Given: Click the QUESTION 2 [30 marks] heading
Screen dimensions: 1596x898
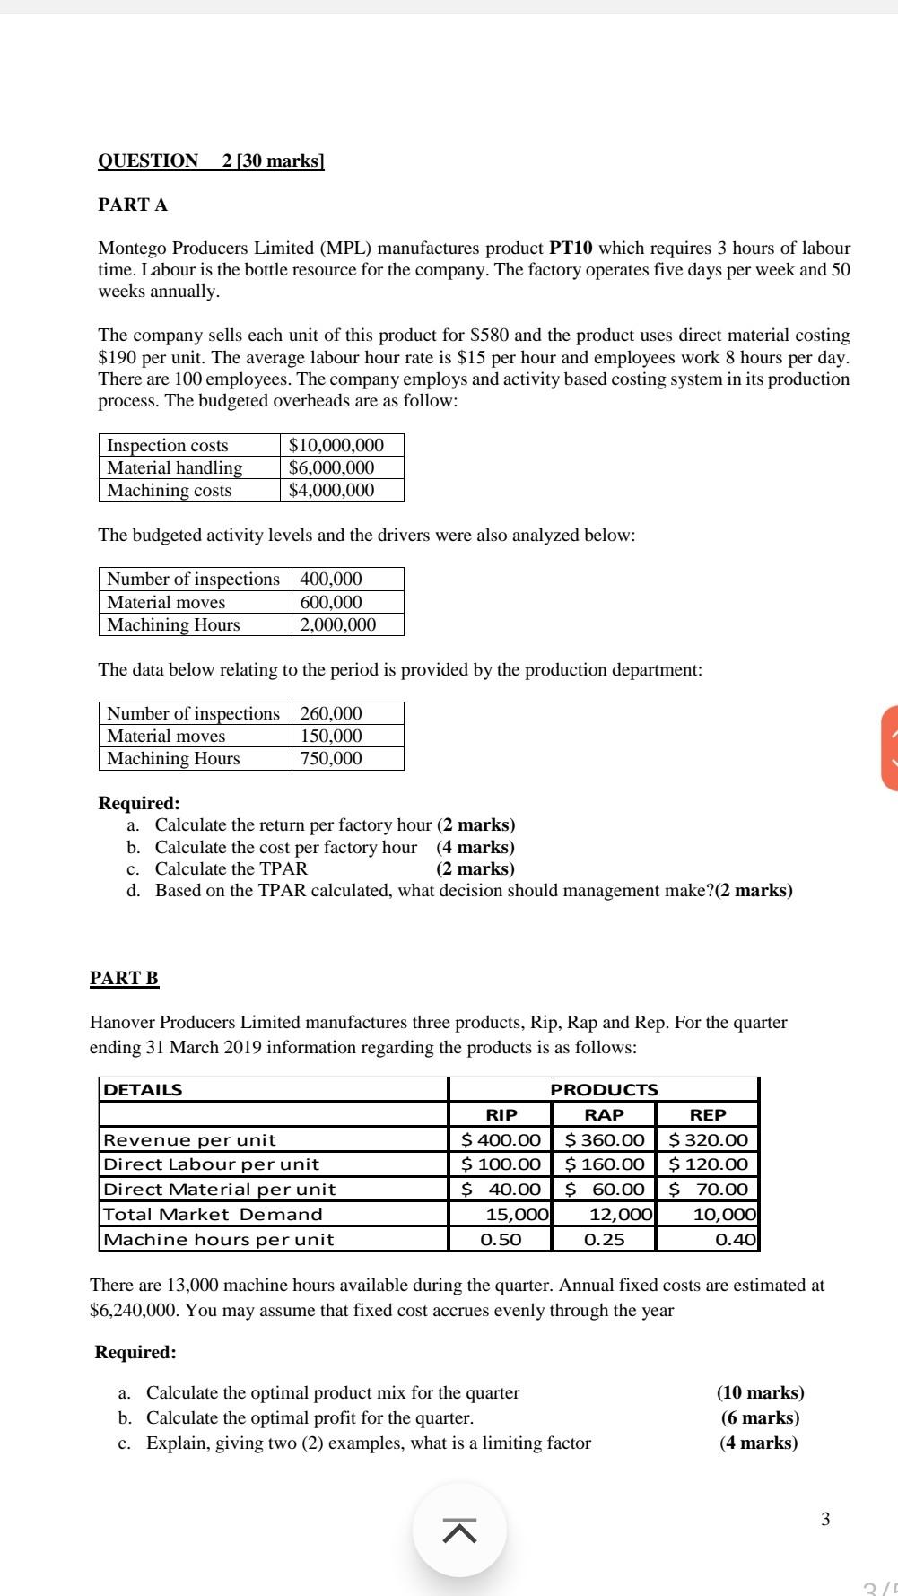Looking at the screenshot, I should tap(211, 161).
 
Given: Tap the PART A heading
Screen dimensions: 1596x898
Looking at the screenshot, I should tap(133, 205).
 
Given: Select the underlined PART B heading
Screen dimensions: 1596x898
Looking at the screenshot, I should tap(124, 979).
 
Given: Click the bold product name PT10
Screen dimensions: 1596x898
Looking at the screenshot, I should tap(571, 249).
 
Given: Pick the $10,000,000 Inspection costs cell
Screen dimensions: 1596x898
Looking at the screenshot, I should tap(336, 446).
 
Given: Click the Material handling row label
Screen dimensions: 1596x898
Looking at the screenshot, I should tap(175, 468).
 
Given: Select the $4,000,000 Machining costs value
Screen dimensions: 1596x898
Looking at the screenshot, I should tap(331, 491).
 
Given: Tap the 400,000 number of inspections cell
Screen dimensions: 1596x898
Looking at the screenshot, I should tap(331, 580).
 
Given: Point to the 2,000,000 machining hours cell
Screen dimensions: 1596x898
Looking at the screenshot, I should tap(337, 625).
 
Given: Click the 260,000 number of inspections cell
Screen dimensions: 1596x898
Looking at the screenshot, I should tap(331, 714).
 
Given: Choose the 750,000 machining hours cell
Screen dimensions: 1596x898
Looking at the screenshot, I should tap(331, 759).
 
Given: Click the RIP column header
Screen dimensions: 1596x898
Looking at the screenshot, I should tap(501, 1115).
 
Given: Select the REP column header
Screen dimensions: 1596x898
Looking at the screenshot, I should tap(708, 1115).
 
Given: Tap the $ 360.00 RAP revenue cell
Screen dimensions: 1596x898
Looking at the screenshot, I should tap(605, 1140).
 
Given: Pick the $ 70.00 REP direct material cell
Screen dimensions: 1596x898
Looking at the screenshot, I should tap(709, 1190).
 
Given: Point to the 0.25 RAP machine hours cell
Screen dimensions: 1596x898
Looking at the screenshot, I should tap(605, 1240).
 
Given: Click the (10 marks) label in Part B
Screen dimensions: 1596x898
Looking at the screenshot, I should tap(760, 1393).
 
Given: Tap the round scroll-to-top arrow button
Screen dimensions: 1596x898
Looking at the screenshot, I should tap(459, 1531).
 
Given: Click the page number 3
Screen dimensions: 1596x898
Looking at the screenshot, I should tap(825, 1520).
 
